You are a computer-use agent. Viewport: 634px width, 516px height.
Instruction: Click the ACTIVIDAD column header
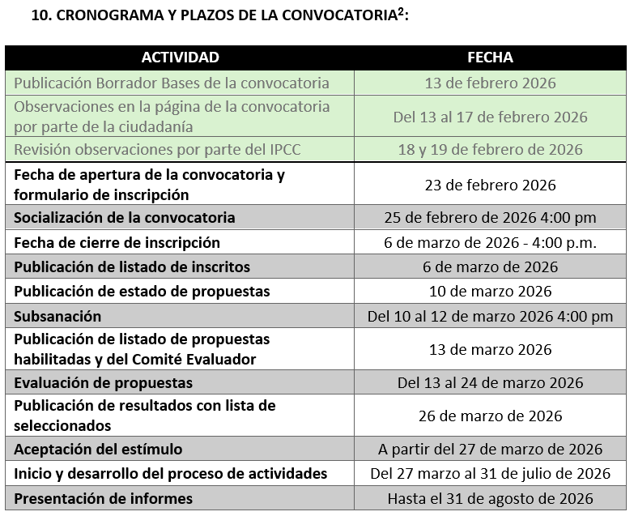180,58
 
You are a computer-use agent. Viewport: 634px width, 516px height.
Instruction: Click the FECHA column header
490,58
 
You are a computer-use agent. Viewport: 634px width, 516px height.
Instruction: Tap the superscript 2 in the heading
400,11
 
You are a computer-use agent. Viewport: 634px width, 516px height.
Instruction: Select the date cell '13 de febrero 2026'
490,83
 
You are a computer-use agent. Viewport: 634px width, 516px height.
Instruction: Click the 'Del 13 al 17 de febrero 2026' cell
490,117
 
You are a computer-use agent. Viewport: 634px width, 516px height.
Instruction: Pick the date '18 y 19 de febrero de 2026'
490,149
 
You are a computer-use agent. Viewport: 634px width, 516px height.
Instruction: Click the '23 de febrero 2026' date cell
490,185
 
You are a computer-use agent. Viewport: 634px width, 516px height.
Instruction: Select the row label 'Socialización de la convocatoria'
125,217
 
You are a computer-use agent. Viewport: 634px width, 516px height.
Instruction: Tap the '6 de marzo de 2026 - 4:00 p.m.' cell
490,242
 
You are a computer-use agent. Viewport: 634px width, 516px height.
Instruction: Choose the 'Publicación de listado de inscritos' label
132,267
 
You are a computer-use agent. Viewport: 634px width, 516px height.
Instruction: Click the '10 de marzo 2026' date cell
490,291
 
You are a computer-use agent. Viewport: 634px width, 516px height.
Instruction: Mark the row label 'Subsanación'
57,316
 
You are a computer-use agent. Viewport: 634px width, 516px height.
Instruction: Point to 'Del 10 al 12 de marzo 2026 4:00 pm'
490,316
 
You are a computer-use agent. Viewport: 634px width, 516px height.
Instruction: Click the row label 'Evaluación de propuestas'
103,382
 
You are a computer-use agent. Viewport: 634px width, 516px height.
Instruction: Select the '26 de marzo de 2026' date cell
490,416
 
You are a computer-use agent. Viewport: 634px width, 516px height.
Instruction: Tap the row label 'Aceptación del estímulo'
98,449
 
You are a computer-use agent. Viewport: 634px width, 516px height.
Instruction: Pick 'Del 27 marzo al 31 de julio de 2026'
490,473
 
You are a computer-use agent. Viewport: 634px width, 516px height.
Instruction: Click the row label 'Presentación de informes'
103,498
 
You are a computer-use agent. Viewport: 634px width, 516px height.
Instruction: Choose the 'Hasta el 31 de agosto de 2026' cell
490,498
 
